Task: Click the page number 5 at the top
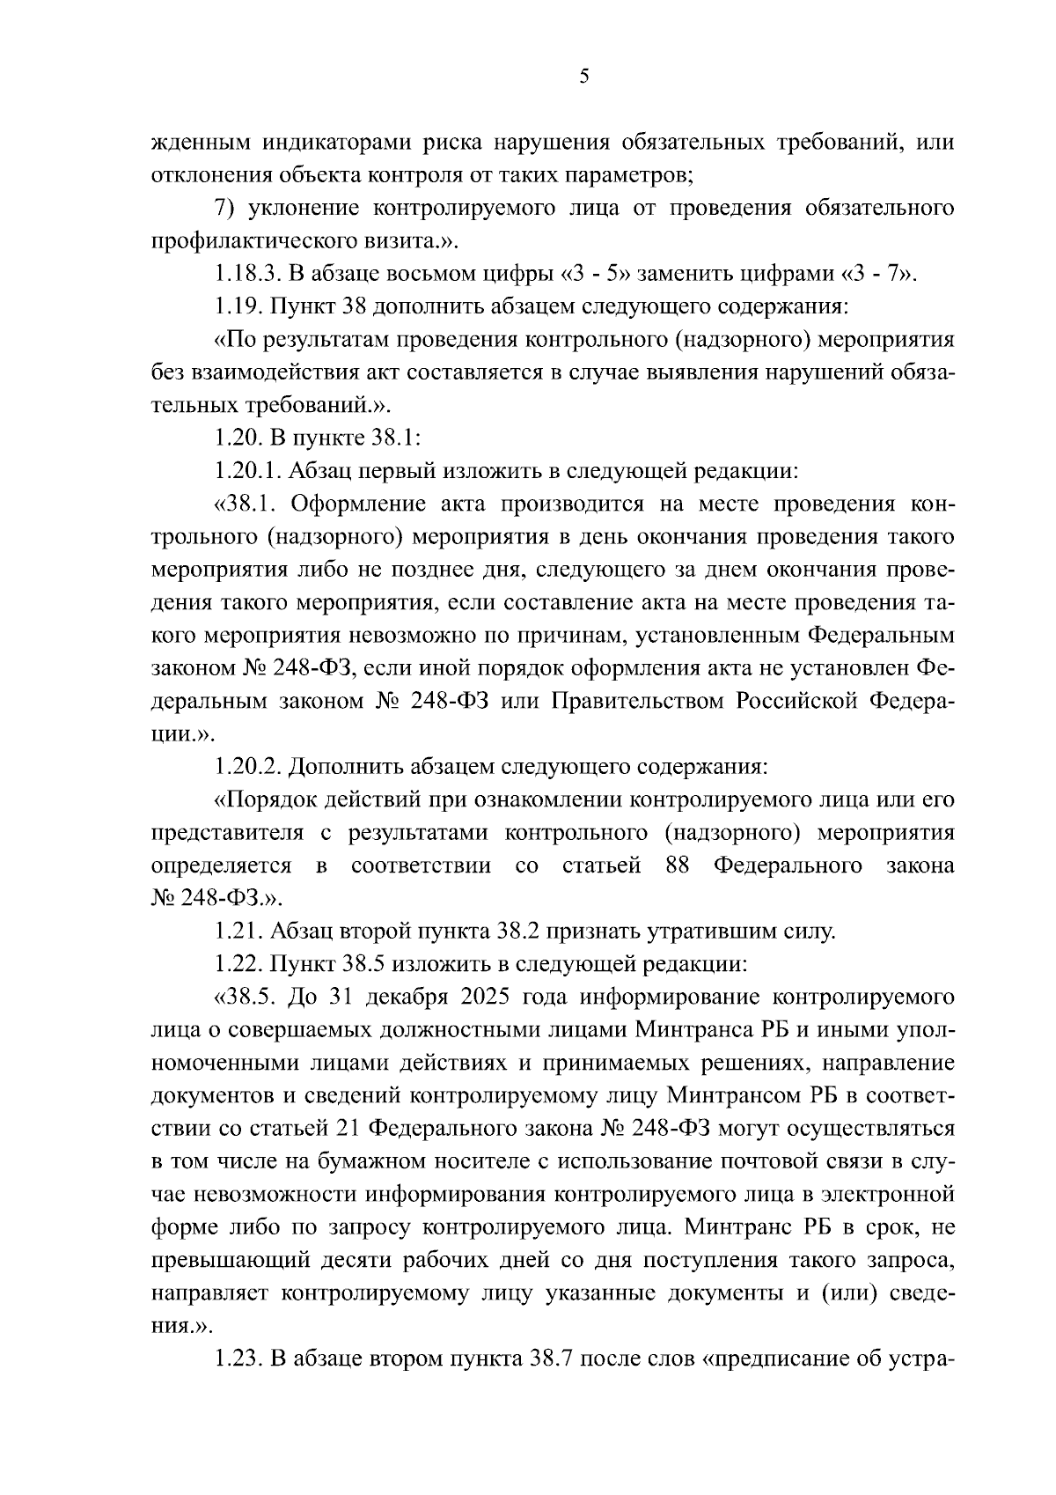[583, 77]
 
